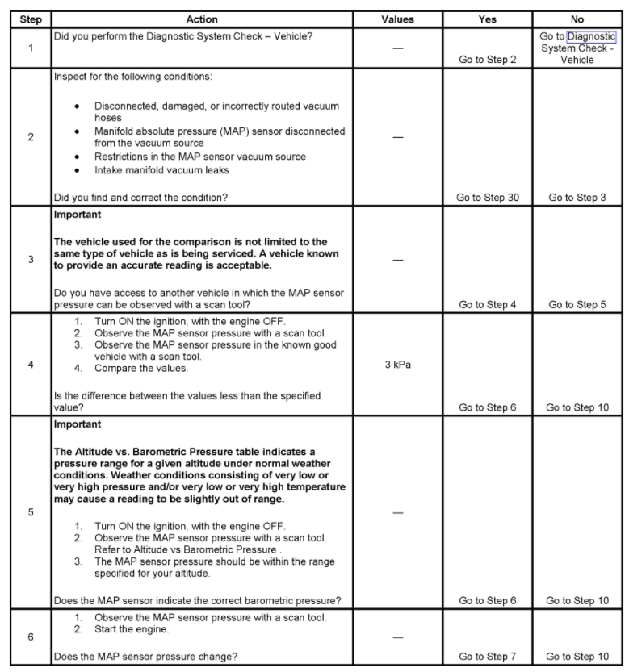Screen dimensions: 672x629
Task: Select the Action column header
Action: click(202, 19)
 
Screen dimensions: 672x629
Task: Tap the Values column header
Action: click(397, 19)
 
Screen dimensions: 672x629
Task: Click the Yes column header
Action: click(487, 19)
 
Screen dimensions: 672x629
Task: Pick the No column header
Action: click(577, 19)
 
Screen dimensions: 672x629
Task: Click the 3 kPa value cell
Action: click(397, 364)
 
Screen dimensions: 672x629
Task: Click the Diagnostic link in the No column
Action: click(591, 36)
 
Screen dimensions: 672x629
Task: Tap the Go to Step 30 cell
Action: click(489, 198)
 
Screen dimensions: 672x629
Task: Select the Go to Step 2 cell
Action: click(487, 60)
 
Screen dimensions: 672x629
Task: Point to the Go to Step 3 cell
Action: click(577, 198)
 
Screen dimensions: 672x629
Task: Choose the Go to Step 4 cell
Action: click(487, 305)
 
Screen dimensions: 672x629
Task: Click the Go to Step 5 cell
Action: click(577, 305)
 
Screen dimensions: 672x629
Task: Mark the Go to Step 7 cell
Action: click(487, 657)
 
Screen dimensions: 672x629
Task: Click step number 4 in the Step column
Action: click(30, 364)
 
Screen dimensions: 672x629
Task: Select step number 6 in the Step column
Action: click(30, 637)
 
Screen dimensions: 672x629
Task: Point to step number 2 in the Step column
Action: click(30, 137)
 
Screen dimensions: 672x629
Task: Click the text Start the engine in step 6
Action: click(132, 629)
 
